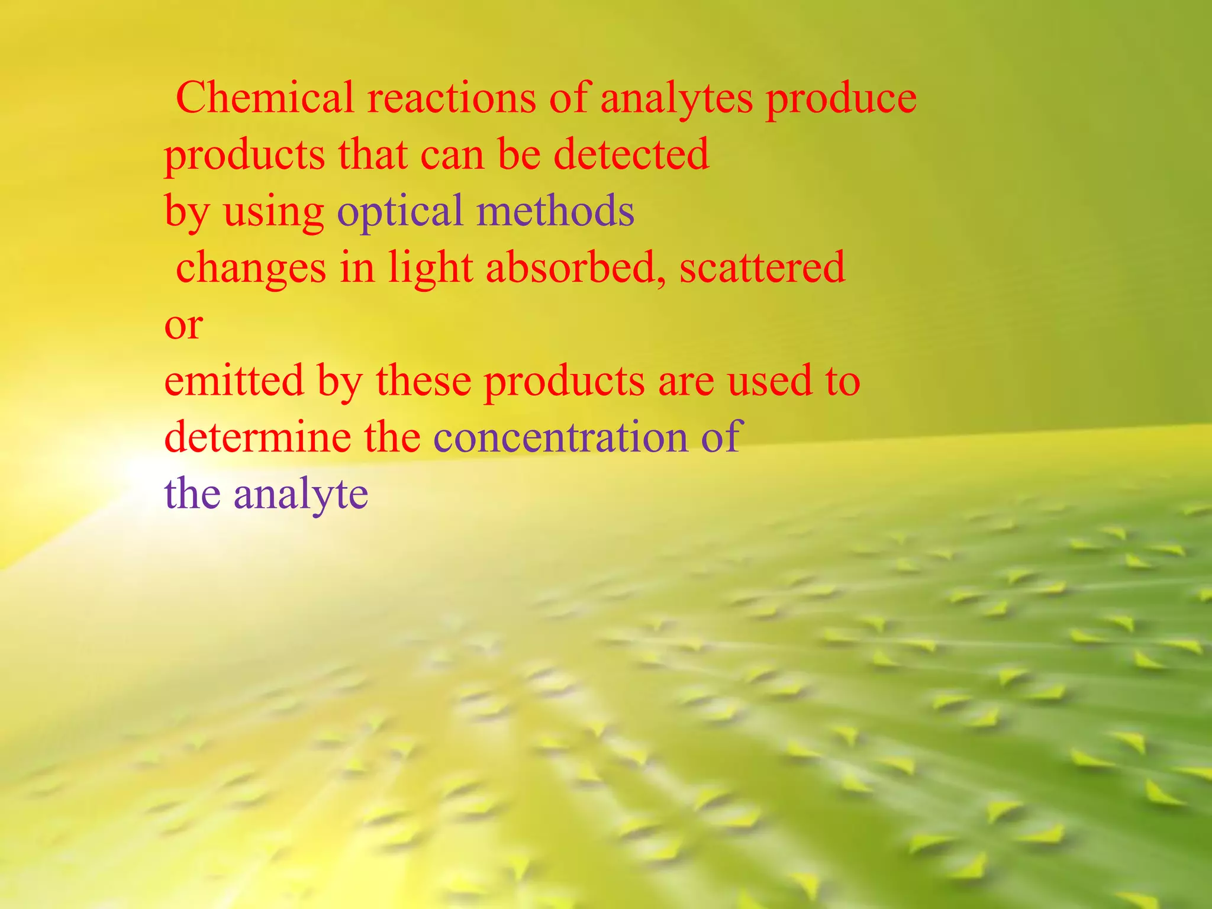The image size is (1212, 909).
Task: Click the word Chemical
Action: coord(265,97)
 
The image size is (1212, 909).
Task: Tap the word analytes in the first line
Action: coord(676,98)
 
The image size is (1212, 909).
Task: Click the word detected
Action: coord(631,154)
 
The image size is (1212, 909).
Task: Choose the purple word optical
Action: coord(399,212)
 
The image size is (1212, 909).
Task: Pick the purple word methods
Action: coord(556,211)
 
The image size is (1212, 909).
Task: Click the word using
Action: coord(273,212)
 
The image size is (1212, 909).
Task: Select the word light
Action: coord(430,267)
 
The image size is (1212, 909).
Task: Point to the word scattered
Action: coord(762,267)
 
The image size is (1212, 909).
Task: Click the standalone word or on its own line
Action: coord(183,325)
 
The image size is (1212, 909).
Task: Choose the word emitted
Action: coord(234,380)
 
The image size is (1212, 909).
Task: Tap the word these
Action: coord(423,380)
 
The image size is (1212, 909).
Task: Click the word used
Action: coord(769,380)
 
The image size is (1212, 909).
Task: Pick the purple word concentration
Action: coord(560,437)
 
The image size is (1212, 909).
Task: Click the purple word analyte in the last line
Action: coord(301,494)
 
